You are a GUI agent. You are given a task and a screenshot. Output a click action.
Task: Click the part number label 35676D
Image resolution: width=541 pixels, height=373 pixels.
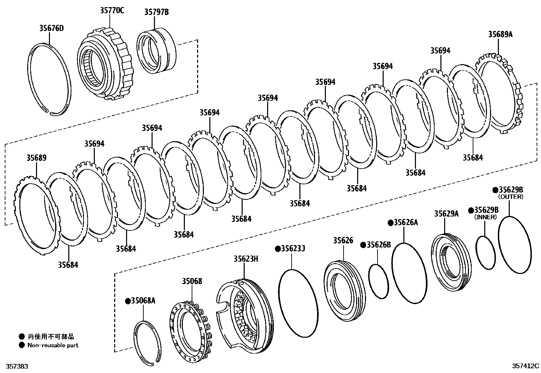[51, 28]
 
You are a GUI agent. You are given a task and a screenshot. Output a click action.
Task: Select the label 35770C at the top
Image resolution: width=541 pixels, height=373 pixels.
[112, 11]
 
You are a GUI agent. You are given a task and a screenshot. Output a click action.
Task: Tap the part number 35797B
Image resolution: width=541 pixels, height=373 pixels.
[156, 13]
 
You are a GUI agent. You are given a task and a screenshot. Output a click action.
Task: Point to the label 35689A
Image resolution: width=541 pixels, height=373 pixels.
[500, 34]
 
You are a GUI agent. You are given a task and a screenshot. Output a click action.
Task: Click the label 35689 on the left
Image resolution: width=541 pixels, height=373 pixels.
[36, 158]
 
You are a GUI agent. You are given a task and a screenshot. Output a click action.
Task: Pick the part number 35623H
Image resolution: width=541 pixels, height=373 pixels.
[246, 259]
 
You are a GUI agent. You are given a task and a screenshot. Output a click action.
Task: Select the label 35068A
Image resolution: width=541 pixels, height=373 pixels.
[143, 301]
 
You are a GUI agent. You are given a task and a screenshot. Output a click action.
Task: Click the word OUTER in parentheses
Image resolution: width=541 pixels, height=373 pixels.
[511, 197]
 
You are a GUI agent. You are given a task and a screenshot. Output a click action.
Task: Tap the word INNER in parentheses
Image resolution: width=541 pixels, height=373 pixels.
[486, 217]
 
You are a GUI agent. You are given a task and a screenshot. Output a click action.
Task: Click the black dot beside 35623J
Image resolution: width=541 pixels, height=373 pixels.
[278, 249]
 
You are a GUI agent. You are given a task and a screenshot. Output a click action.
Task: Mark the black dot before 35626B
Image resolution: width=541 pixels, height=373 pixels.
[363, 245]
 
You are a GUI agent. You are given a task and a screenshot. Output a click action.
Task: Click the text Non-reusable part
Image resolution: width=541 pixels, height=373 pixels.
[53, 345]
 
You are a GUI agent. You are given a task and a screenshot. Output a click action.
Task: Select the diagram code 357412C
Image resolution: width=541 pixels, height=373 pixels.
[526, 366]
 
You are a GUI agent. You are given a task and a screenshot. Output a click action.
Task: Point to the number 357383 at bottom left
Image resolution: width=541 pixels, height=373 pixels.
[14, 367]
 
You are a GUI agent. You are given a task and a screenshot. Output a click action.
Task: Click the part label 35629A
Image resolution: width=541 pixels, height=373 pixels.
[446, 213]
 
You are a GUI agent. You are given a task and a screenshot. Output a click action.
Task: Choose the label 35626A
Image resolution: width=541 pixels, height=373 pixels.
[406, 223]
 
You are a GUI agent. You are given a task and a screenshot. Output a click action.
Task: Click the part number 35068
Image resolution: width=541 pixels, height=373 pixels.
[192, 281]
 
